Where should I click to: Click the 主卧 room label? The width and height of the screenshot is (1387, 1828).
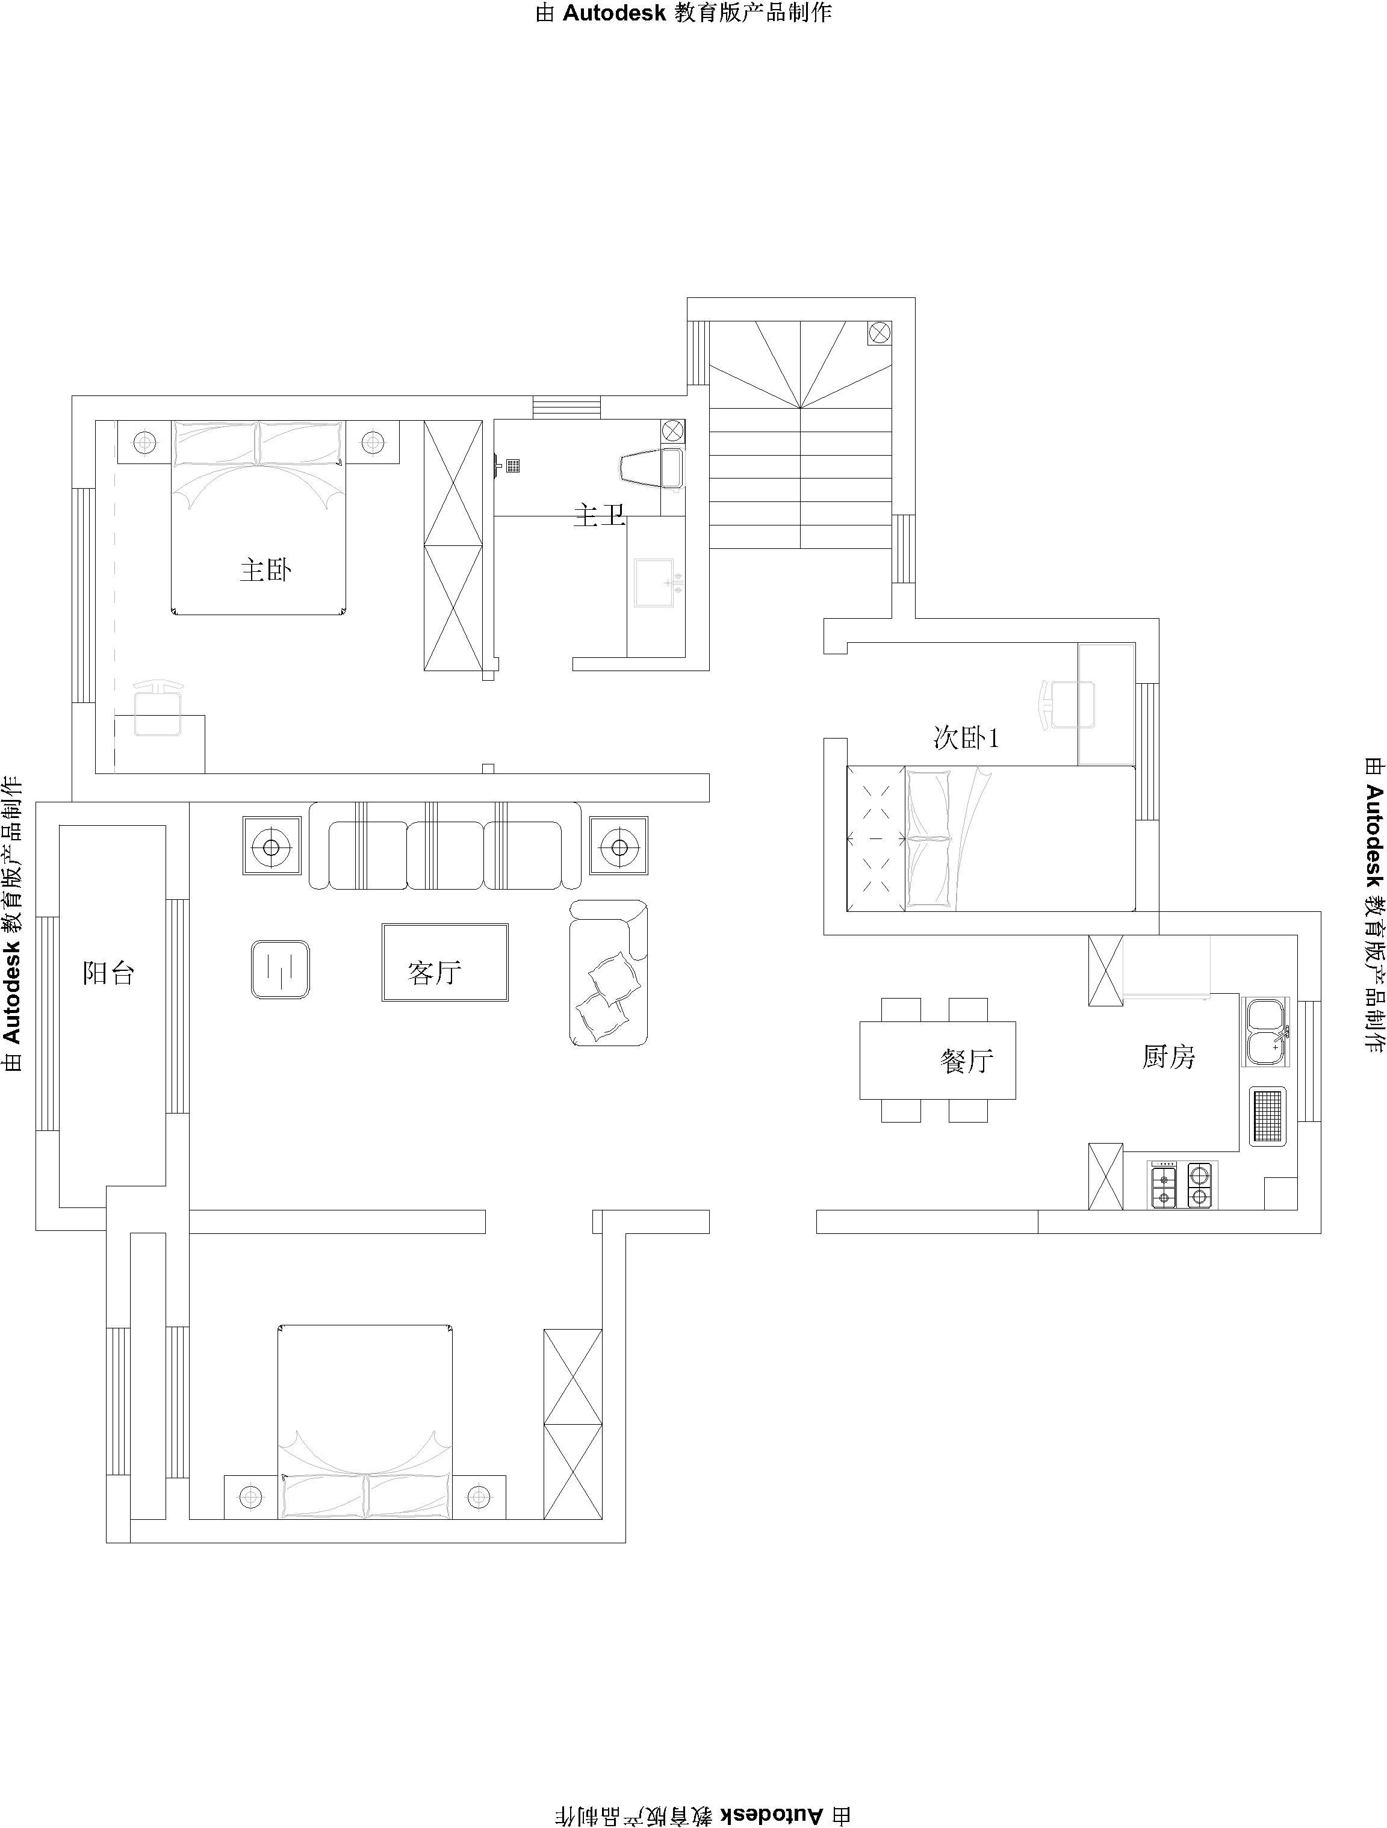pos(265,569)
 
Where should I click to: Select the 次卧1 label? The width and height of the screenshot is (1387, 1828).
pos(966,737)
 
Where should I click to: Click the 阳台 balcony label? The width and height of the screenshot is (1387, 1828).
pos(108,973)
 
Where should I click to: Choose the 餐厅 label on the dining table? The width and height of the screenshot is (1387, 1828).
pos(966,1061)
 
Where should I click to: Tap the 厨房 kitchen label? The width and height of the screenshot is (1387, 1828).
pos(1169,1057)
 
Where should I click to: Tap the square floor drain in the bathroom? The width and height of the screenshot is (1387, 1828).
pos(514,465)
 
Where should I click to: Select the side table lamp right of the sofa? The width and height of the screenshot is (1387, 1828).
pos(618,846)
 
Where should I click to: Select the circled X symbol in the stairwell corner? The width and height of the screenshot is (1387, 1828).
pos(880,333)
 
